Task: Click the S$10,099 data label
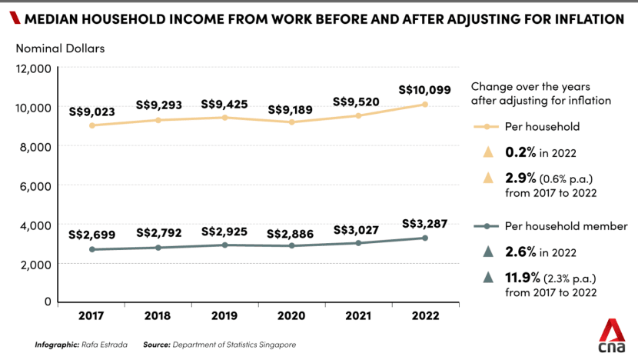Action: [424, 89]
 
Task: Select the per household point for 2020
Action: [290, 122]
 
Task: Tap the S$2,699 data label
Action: [91, 235]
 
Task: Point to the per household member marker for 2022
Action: [424, 238]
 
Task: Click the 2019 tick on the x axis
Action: [224, 316]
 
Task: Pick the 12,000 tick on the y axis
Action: [35, 68]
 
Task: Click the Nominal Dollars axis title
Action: [60, 48]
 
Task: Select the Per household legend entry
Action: [541, 126]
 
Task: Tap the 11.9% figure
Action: [522, 278]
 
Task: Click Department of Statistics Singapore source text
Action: [234, 344]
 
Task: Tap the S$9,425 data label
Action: [224, 104]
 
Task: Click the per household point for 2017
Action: [91, 125]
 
